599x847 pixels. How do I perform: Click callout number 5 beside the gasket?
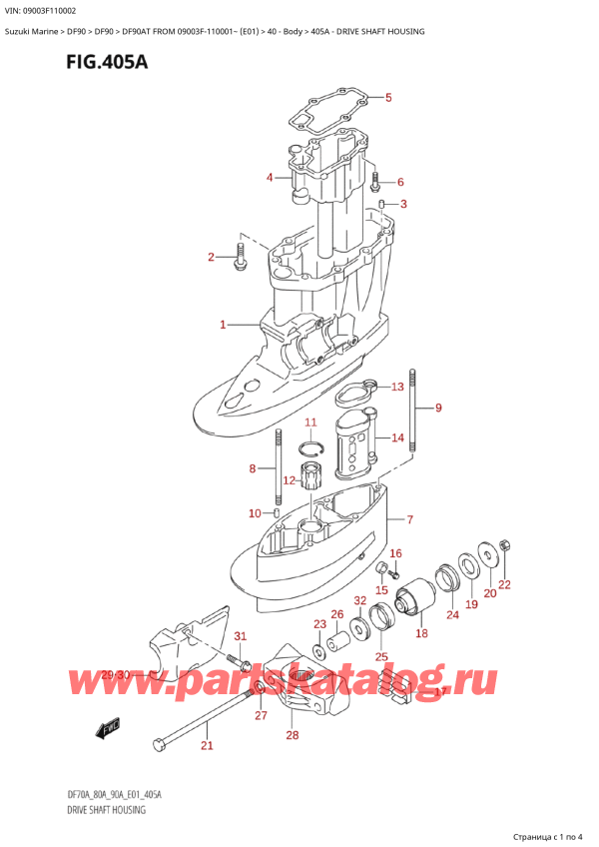click(388, 98)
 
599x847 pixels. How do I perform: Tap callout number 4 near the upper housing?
click(269, 178)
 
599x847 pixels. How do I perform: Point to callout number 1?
click(224, 325)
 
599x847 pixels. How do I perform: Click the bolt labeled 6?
click(376, 181)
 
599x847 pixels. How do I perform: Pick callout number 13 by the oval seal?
click(397, 387)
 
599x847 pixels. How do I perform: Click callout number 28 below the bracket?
click(292, 736)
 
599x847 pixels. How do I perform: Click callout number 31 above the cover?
click(239, 637)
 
